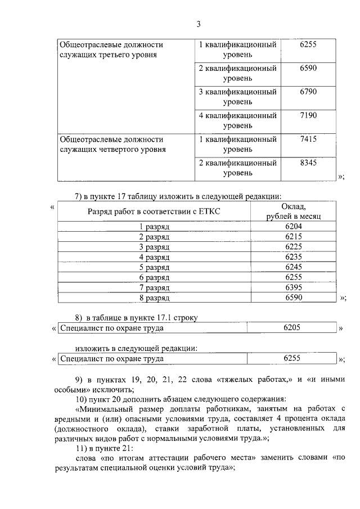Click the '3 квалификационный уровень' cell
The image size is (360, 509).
pos(237,97)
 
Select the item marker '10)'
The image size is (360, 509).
pos(83,399)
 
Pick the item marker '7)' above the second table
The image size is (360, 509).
pos(79,196)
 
